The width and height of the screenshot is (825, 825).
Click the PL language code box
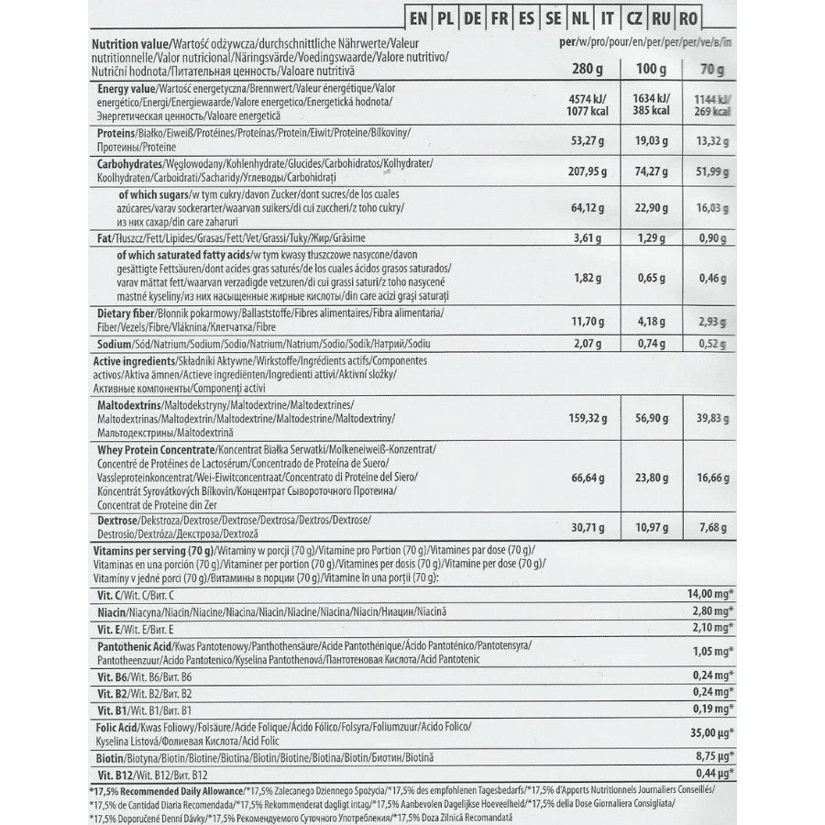[x=446, y=17]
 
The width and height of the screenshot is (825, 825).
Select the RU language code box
[x=660, y=17]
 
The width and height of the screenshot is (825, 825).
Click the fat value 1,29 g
[x=650, y=238]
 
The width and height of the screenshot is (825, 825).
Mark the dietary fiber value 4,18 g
[x=650, y=321]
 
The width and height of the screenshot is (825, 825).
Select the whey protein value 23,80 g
[x=650, y=478]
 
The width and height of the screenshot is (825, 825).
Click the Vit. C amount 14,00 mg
[x=711, y=594]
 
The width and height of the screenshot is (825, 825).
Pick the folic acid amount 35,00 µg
[x=711, y=733]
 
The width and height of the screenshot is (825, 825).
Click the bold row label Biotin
[x=114, y=759]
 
